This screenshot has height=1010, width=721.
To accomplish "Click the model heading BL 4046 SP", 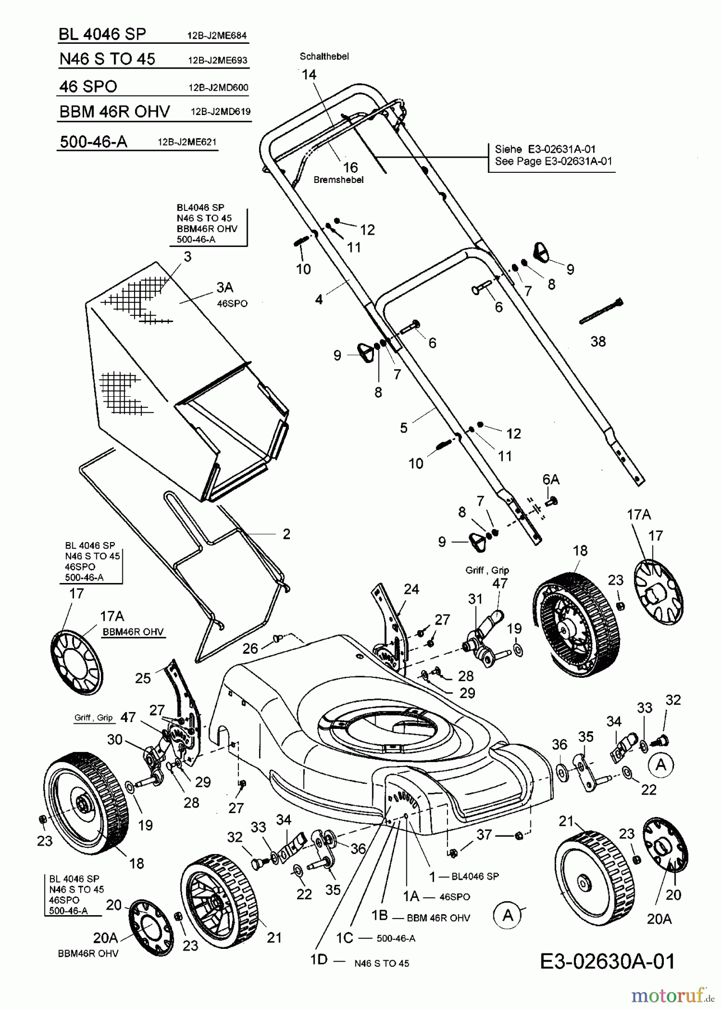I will [102, 35].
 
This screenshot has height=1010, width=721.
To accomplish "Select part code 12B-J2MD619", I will [220, 112].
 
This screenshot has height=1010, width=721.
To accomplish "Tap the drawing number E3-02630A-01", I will [607, 961].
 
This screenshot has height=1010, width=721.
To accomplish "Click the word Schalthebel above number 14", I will [324, 57].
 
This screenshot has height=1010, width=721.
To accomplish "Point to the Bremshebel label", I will [339, 180].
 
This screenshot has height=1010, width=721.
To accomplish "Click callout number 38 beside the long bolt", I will [598, 342].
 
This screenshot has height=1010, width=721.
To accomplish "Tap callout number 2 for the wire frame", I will [286, 534].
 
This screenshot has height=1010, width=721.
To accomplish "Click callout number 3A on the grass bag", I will [224, 287].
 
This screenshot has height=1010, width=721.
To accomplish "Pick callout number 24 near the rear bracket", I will [411, 589].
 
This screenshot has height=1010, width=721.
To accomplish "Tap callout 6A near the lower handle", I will [551, 479].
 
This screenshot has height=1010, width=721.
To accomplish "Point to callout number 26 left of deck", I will [250, 649].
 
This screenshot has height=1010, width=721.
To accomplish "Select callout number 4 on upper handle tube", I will [318, 299].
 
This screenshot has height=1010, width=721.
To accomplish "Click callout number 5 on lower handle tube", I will [404, 427].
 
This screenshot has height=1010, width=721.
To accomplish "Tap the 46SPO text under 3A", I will [232, 303].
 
